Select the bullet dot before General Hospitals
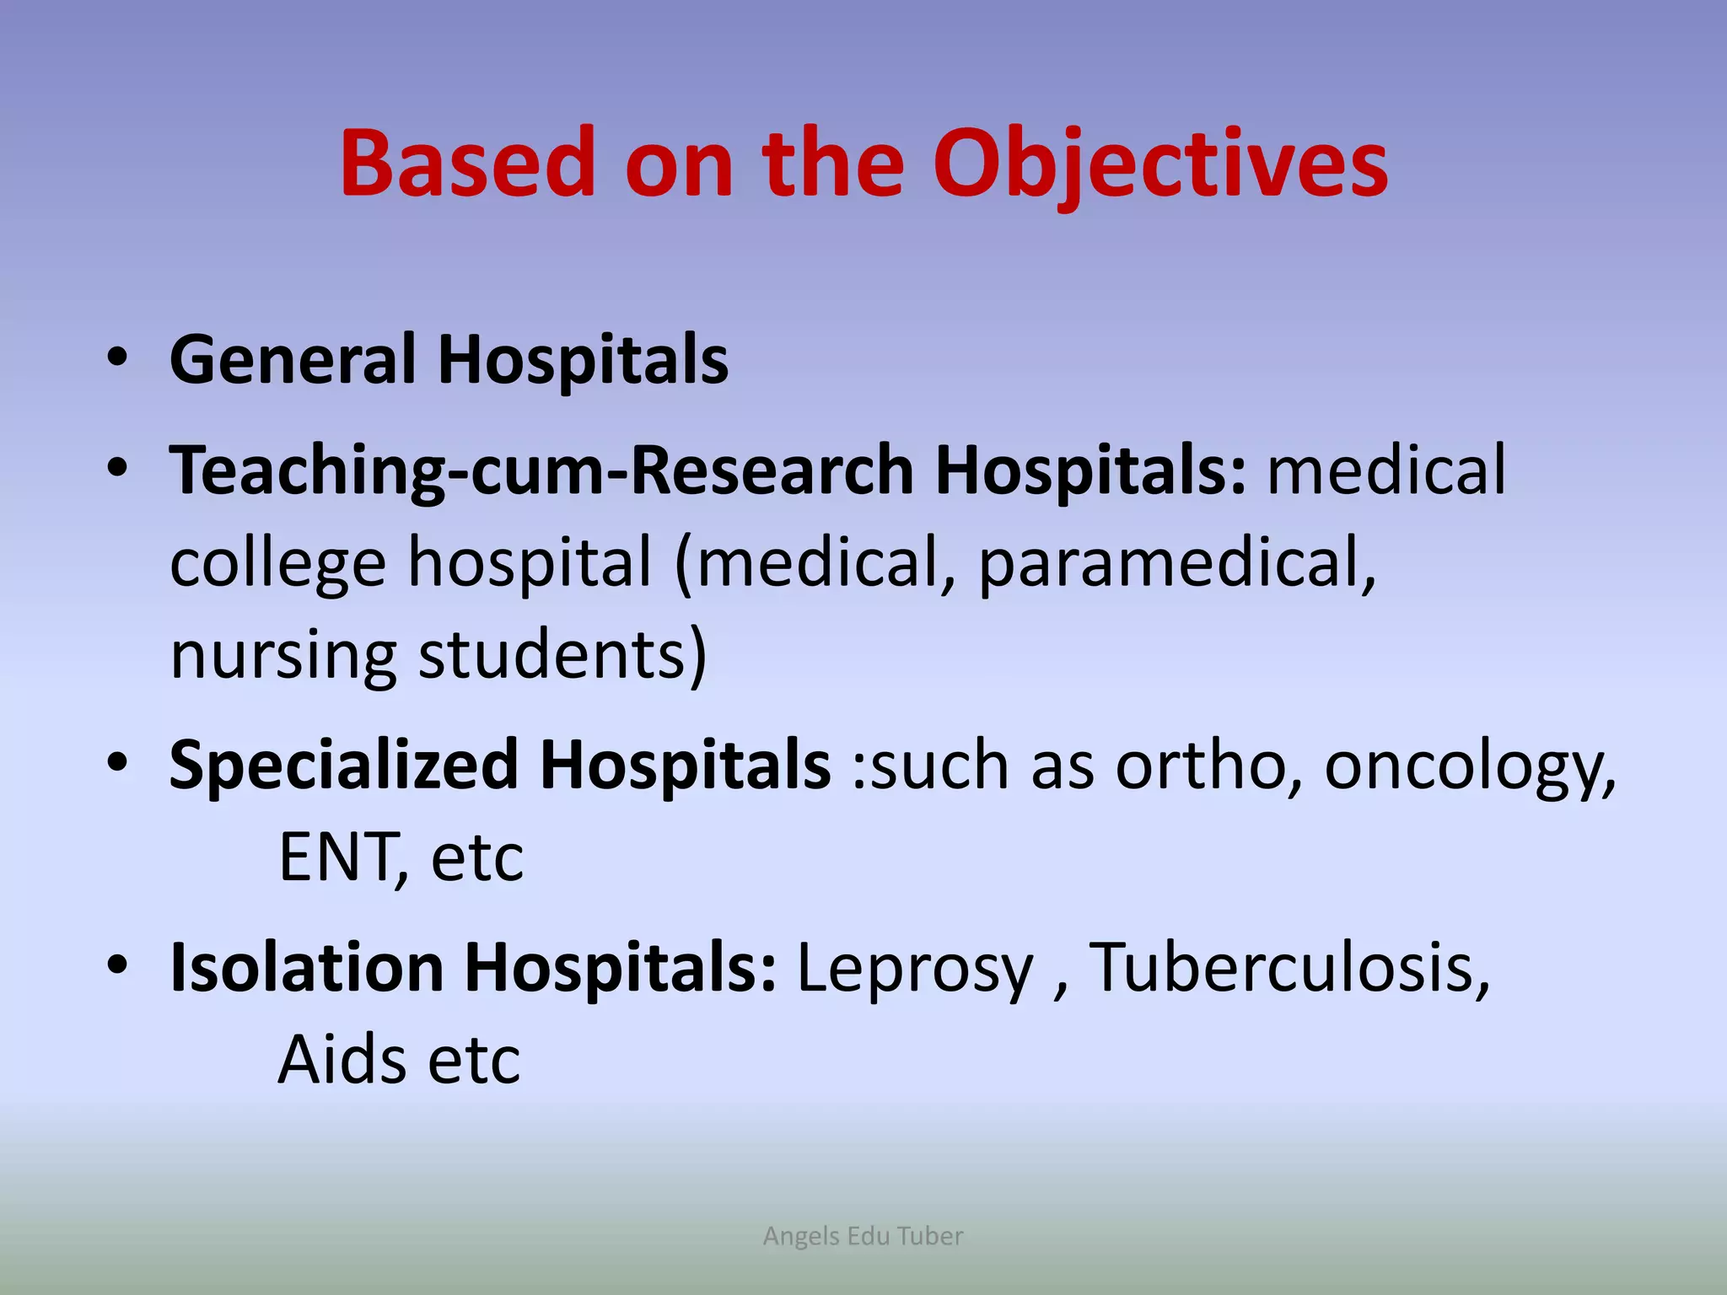pyautogui.click(x=117, y=358)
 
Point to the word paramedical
pyautogui.click(x=1176, y=563)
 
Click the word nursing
pyautogui.click(x=282, y=656)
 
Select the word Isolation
pyautogui.click(x=307, y=967)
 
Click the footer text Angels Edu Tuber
pyautogui.click(x=863, y=1236)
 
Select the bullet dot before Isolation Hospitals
pyautogui.click(x=117, y=965)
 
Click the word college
pyautogui.click(x=277, y=563)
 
